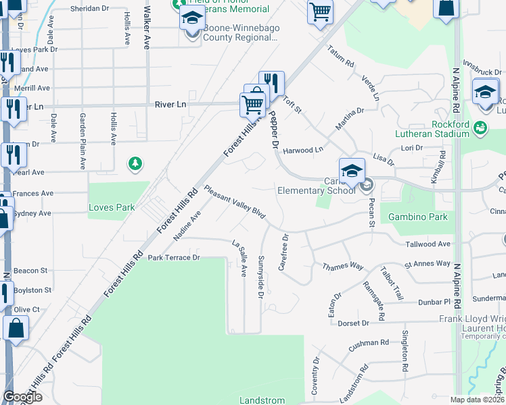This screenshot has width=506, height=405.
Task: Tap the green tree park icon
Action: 136,163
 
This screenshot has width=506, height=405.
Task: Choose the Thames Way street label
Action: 343,266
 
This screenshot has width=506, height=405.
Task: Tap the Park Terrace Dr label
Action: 175,258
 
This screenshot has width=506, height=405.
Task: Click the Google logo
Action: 22,397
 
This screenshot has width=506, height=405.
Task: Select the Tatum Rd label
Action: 341,57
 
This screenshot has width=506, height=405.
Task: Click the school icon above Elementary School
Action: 352,171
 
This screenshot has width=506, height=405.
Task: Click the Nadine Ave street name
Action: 187,225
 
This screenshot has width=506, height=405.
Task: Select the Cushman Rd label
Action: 369,343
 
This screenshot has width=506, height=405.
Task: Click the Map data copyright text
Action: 478,400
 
